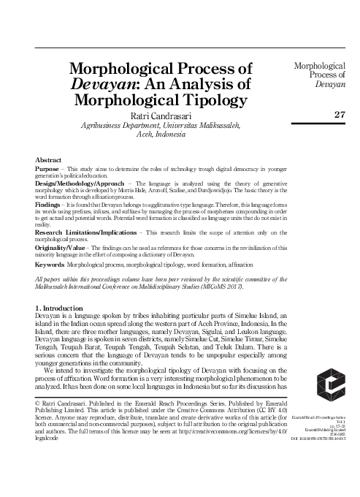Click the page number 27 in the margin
click(337, 114)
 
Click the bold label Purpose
click(49, 167)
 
